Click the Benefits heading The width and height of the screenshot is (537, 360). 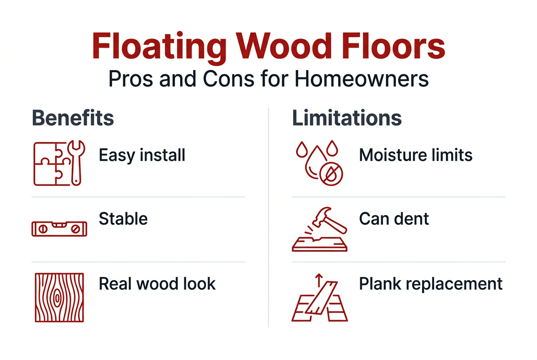pyautogui.click(x=73, y=118)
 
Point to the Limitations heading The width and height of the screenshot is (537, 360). pyautogui.click(x=347, y=118)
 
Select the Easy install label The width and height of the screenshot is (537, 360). pyautogui.click(x=142, y=155)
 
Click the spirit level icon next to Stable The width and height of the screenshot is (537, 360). pyautogui.click(x=59, y=228)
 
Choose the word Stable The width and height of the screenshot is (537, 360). pyautogui.click(x=123, y=219)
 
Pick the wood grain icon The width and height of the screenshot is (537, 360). pyautogui.click(x=59, y=297)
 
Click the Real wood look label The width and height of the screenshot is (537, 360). pyautogui.click(x=157, y=284)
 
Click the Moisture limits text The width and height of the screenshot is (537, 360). pyautogui.click(x=415, y=155)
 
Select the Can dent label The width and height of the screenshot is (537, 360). pyautogui.click(x=394, y=219)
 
